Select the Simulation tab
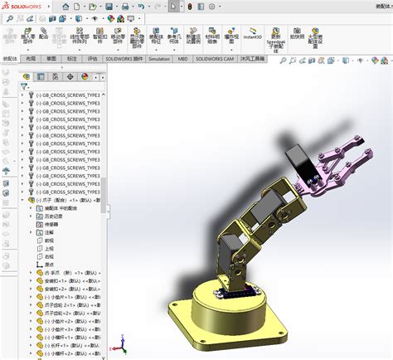[x=159, y=60]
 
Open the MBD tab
[x=183, y=60]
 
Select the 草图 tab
[x=51, y=60]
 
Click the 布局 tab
[x=31, y=60]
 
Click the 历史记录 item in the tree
[x=56, y=216]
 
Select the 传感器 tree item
[x=51, y=225]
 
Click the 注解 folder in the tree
[x=48, y=232]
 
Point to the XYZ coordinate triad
[x=122, y=342]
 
